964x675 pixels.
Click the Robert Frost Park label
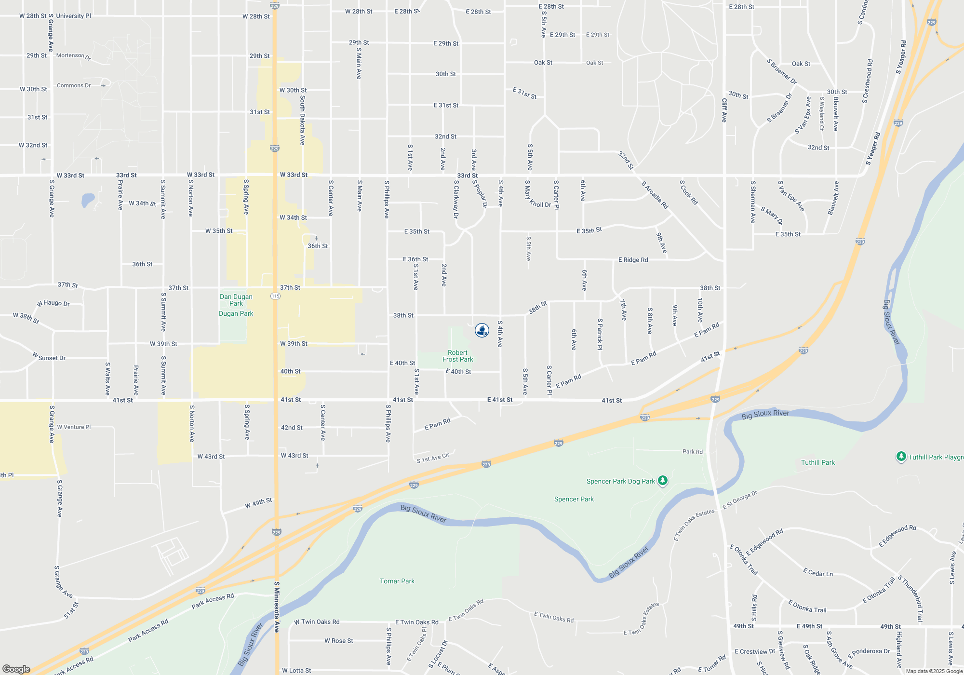click(x=457, y=356)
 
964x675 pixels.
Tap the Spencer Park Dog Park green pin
click(x=663, y=481)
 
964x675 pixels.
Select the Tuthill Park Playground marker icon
click(x=901, y=457)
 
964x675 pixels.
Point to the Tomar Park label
click(x=397, y=581)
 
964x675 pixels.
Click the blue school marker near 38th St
click(x=482, y=330)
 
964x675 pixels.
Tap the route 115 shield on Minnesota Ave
click(x=275, y=296)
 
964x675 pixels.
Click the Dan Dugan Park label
click(x=236, y=300)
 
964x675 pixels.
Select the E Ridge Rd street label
click(x=633, y=260)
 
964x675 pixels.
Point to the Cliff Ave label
click(x=724, y=110)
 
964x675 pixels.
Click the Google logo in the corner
click(x=16, y=669)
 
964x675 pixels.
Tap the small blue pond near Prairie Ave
click(x=88, y=200)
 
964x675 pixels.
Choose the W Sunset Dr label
click(x=49, y=357)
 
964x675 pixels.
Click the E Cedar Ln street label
click(x=818, y=573)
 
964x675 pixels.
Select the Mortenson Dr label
click(x=73, y=56)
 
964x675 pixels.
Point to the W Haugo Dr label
click(x=54, y=303)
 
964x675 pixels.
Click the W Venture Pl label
click(x=74, y=427)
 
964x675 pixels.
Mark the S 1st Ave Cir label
click(x=433, y=458)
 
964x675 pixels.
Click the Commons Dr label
click(x=74, y=85)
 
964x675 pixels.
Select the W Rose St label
click(x=338, y=641)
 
